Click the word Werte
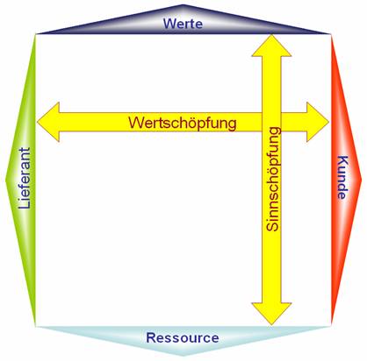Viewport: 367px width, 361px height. tap(183, 24)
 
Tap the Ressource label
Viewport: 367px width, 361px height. tap(183, 337)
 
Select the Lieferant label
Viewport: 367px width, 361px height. tap(25, 178)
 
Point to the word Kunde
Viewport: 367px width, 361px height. tap(342, 177)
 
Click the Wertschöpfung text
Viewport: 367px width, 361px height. tap(183, 123)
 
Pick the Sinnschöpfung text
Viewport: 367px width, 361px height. tap(273, 179)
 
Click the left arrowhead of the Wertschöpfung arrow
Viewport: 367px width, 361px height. tap(48, 122)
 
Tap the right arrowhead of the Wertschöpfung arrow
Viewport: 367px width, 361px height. tap(318, 122)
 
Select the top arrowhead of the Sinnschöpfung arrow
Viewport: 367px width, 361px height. tap(271, 46)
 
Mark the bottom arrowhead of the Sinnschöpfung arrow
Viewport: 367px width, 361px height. tap(271, 314)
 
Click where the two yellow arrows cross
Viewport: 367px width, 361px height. tap(271, 122)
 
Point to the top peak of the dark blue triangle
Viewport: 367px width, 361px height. tap(183, 4)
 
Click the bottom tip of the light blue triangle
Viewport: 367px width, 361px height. tap(183, 356)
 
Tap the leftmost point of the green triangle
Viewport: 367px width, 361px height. tap(5, 180)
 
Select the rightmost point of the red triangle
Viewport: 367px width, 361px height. tap(362, 180)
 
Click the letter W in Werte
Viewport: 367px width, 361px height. tap(169, 24)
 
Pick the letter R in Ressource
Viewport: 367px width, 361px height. tap(151, 337)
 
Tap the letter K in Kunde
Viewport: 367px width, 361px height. tap(342, 160)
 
